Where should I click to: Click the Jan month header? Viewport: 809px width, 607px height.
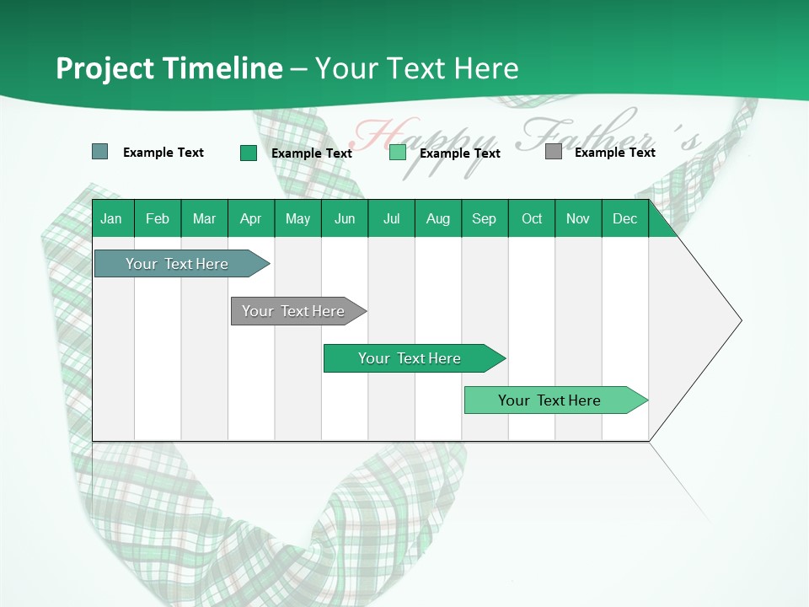(x=112, y=218)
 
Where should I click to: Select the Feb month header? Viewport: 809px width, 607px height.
(x=158, y=218)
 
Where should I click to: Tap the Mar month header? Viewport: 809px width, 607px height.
(x=204, y=218)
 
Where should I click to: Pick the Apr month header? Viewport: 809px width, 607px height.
(x=251, y=218)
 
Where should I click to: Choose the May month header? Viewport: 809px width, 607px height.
(x=297, y=218)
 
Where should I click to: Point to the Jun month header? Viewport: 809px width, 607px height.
(x=345, y=218)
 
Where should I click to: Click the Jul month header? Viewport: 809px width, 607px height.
(x=391, y=218)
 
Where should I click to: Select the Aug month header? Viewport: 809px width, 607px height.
(x=438, y=218)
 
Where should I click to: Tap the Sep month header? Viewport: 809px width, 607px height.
(x=485, y=218)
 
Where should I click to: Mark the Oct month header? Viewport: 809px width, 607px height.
(x=532, y=218)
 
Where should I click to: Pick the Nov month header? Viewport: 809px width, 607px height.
(x=578, y=218)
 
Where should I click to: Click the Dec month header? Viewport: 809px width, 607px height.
(x=625, y=218)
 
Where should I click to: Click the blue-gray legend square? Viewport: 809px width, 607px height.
(x=100, y=152)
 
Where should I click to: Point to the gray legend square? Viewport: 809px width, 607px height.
(x=554, y=152)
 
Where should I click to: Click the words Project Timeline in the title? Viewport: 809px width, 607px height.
(x=169, y=68)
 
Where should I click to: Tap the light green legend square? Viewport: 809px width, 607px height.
(x=398, y=153)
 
